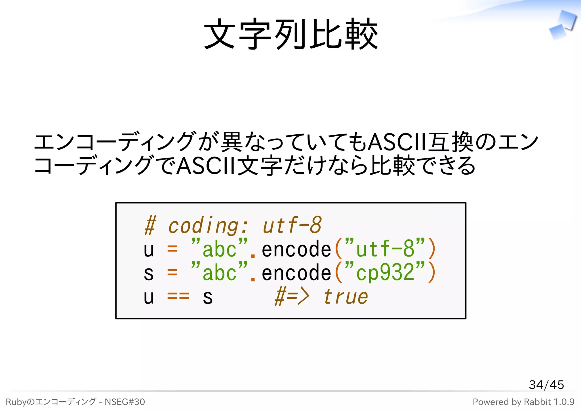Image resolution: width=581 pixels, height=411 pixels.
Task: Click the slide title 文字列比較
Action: point(291,34)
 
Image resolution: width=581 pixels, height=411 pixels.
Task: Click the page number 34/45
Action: point(546,385)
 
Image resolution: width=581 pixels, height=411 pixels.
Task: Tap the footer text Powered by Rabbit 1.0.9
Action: point(523,402)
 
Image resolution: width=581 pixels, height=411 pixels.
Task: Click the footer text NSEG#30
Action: point(125,402)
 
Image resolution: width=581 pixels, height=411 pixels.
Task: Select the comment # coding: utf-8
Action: point(233,226)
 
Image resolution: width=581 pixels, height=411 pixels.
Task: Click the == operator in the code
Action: point(178,297)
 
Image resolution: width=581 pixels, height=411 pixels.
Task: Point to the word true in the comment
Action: point(345,297)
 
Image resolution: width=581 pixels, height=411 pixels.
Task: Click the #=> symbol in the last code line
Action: point(292,297)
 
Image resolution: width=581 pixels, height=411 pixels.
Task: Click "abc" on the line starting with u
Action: point(219,249)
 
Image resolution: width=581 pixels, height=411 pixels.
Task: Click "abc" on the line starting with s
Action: point(219,273)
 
